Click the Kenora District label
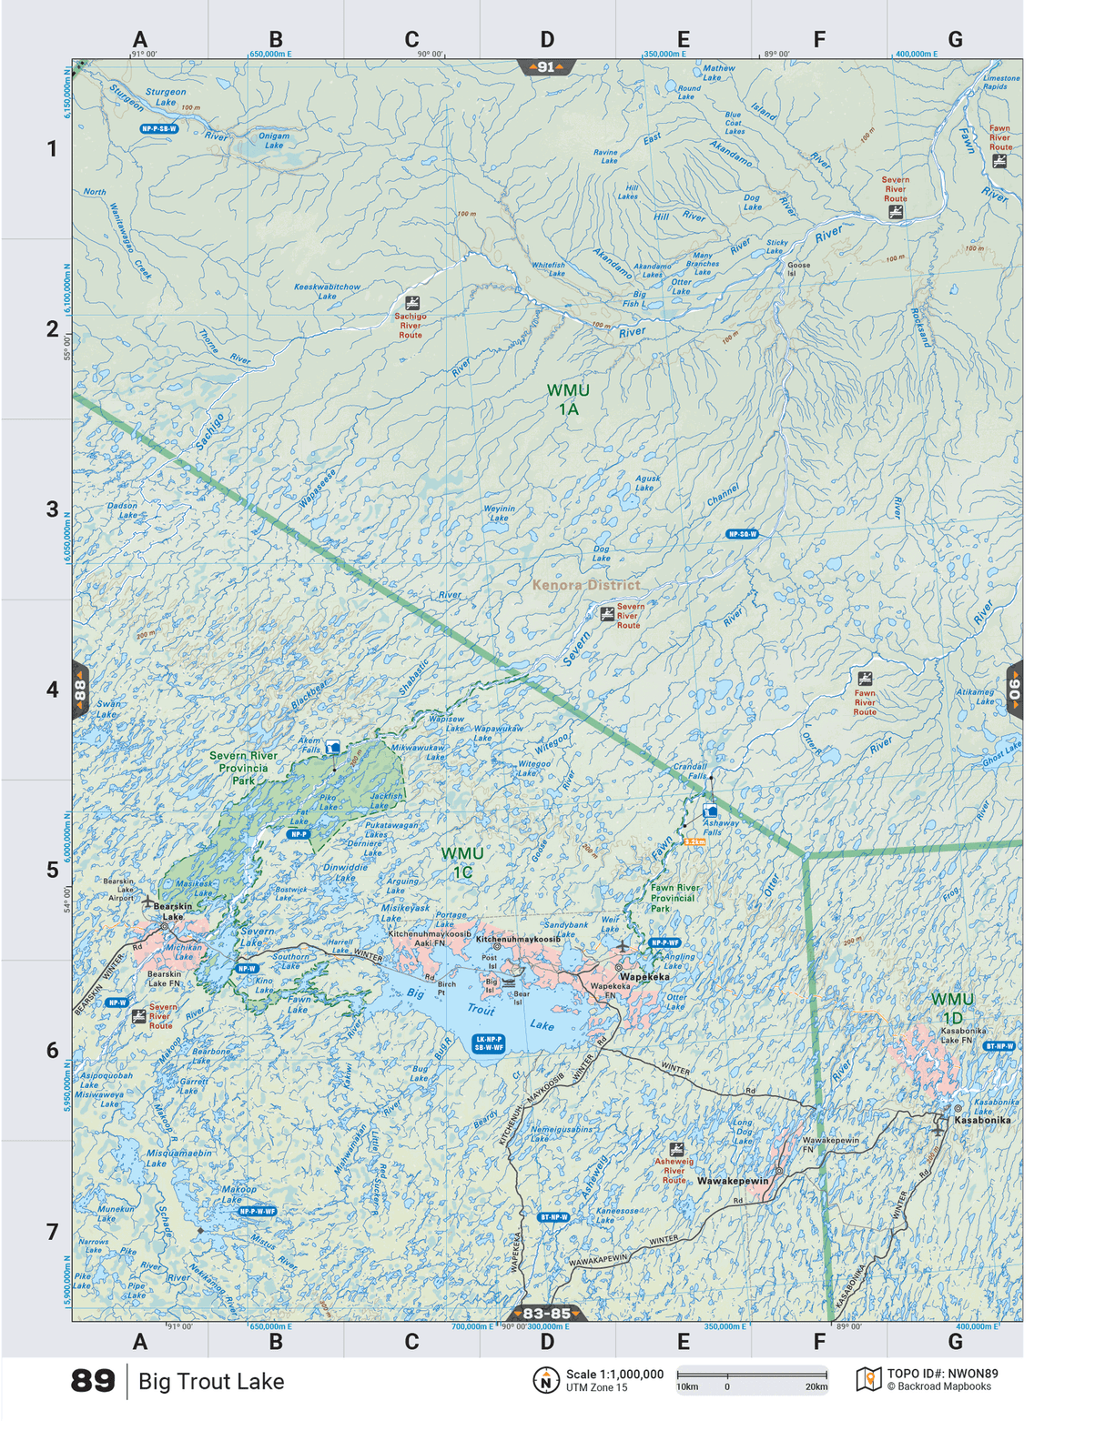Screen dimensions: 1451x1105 (x=586, y=585)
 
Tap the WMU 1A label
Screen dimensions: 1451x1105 (x=568, y=399)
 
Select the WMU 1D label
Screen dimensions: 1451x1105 (x=952, y=1008)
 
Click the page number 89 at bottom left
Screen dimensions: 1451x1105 (x=93, y=1381)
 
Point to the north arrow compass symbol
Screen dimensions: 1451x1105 (x=545, y=1380)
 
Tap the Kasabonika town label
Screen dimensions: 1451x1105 (x=982, y=1120)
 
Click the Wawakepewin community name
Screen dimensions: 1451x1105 (x=733, y=1181)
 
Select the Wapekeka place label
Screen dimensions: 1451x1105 (x=644, y=977)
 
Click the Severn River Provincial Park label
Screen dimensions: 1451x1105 (x=243, y=768)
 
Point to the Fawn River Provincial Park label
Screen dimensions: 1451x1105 (x=674, y=898)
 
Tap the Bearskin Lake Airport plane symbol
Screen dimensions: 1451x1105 (x=147, y=902)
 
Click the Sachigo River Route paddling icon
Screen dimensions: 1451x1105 (x=412, y=302)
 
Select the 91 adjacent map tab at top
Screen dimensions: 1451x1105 (x=546, y=67)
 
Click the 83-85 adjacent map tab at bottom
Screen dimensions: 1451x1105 (x=546, y=1313)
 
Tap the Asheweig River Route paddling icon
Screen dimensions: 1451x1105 (x=676, y=1149)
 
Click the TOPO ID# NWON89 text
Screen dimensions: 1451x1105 (x=942, y=1374)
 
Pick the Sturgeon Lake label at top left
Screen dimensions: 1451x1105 (x=166, y=96)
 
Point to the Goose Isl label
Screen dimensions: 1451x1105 (x=798, y=269)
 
